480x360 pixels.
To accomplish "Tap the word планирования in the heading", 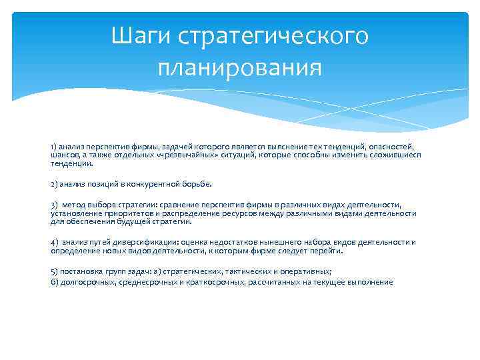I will pyautogui.click(x=240, y=67).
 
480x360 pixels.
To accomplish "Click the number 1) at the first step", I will pyautogui.click(x=53, y=146).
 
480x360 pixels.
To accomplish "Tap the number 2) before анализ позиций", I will pyautogui.click(x=54, y=183).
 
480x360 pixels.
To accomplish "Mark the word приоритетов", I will pyautogui.click(x=120, y=213).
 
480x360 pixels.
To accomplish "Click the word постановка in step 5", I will pyautogui.click(x=81, y=273).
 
